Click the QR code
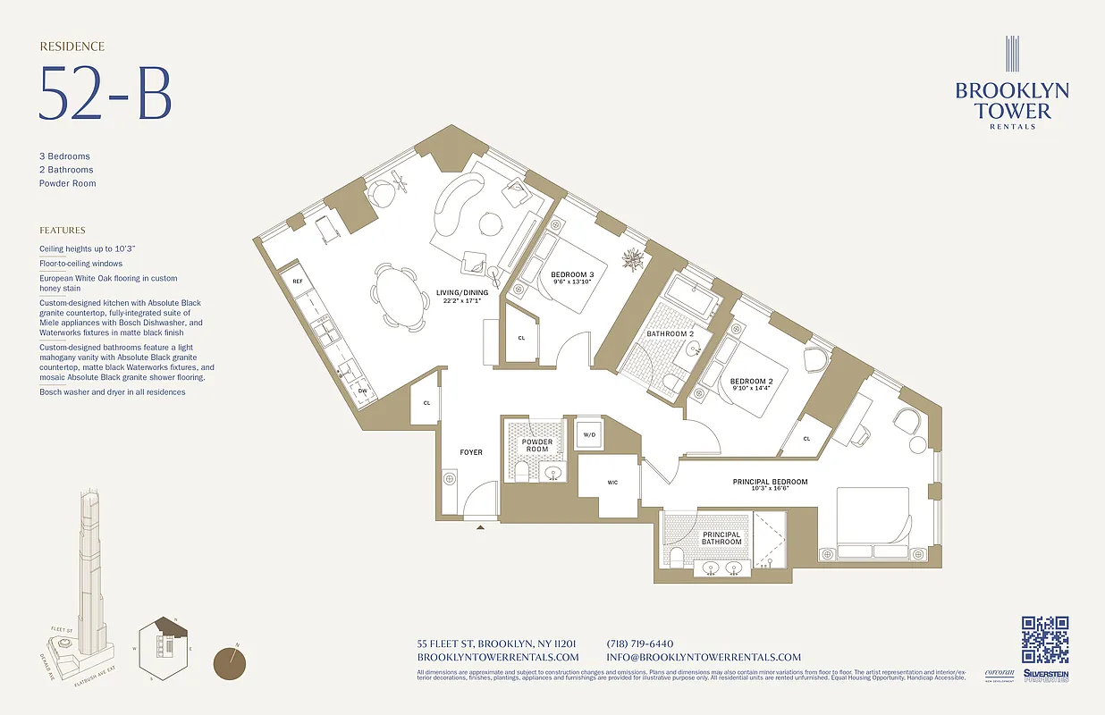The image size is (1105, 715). (1045, 640)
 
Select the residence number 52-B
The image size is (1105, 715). (105, 93)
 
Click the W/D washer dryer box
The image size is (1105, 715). (589, 435)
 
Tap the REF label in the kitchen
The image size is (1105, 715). (298, 282)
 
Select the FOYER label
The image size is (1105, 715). (471, 452)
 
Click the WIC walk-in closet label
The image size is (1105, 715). (612, 483)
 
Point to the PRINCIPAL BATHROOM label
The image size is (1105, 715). (721, 538)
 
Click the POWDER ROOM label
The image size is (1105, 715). (537, 446)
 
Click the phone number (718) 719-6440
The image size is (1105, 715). (639, 643)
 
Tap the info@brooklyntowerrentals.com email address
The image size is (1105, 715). (704, 657)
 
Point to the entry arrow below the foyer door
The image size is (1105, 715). (481, 528)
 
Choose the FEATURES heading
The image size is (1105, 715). (63, 230)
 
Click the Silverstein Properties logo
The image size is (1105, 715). (1045, 677)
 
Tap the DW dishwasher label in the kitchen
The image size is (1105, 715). (362, 391)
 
